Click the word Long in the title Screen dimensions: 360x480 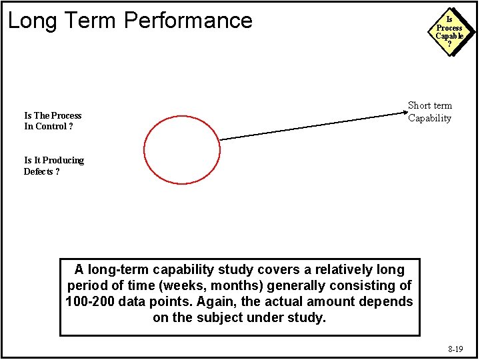tap(29, 21)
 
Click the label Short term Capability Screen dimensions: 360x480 tap(430, 112)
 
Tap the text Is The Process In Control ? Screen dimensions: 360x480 tap(53, 121)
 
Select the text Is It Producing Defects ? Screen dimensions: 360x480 tap(54, 166)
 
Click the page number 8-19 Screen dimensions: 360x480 tap(455, 349)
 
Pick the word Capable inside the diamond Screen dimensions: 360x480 tap(449, 36)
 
